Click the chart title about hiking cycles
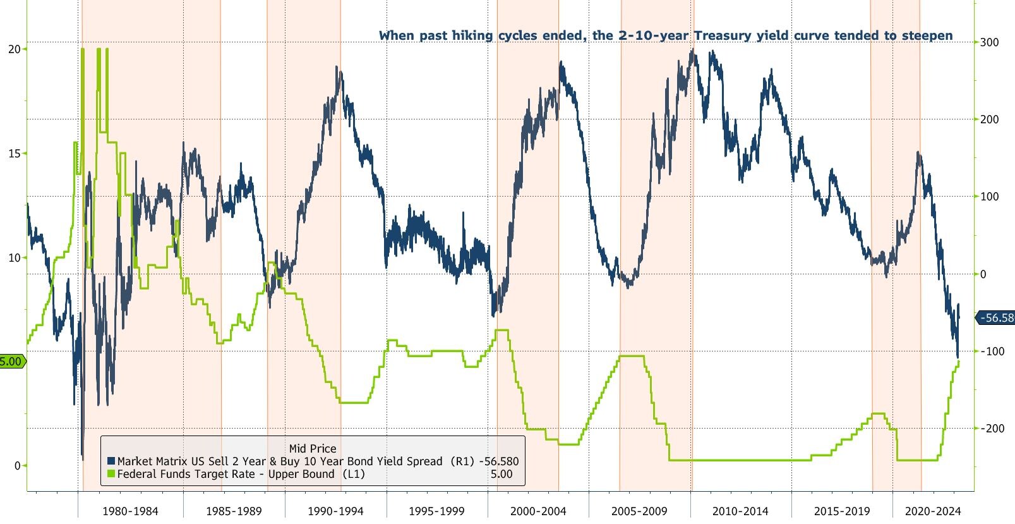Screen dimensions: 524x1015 [x=665, y=35]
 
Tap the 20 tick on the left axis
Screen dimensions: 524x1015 [x=14, y=49]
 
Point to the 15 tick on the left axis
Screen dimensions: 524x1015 [x=14, y=154]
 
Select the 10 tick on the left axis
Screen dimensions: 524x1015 [x=14, y=258]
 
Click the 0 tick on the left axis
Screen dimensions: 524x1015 [x=18, y=466]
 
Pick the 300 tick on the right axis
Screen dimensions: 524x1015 [x=989, y=42]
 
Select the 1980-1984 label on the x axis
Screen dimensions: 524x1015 [x=130, y=511]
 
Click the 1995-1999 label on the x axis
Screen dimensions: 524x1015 [x=436, y=511]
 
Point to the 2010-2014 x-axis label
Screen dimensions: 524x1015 [x=740, y=511]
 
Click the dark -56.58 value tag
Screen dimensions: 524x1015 [x=997, y=318]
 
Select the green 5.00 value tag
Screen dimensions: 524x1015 [x=11, y=362]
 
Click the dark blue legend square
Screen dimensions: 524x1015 [x=111, y=461]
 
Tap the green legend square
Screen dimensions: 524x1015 [x=111, y=474]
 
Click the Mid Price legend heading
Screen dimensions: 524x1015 [x=313, y=449]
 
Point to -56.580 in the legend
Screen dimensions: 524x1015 [x=498, y=461]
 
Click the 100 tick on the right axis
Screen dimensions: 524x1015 [x=989, y=197]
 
